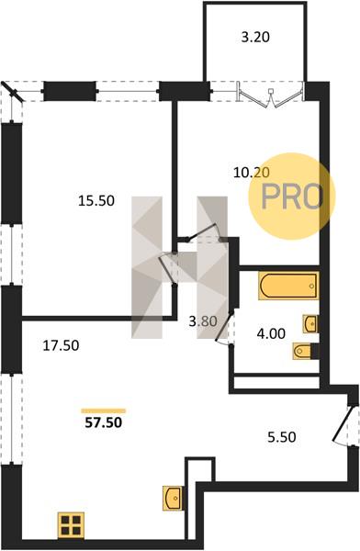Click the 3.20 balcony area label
(255, 37)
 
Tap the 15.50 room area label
(96, 200)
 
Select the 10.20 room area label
(252, 173)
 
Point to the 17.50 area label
(61, 345)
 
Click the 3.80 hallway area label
(203, 321)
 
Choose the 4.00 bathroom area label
(271, 333)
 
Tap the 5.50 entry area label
(282, 437)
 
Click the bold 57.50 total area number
(104, 422)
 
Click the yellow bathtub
(288, 286)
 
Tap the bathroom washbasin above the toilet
(310, 323)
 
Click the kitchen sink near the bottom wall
(173, 498)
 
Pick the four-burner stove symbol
(71, 525)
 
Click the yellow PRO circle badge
(292, 197)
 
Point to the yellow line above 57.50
(104, 410)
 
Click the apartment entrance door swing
(342, 424)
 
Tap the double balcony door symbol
(270, 95)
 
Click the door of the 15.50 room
(166, 268)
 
